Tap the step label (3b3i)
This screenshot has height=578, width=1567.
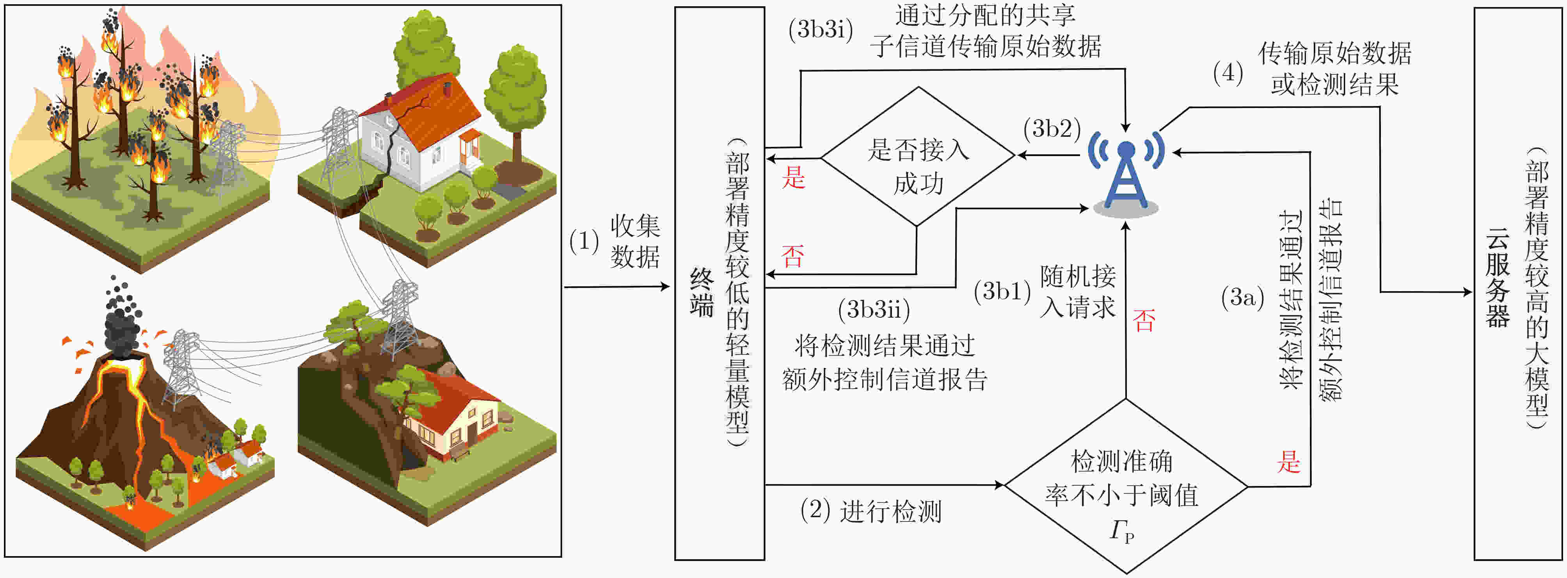821,29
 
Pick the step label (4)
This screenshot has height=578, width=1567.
1228,73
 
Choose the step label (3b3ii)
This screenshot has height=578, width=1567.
874,310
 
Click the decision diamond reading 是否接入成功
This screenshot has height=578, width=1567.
918,157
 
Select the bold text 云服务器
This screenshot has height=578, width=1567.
1498,278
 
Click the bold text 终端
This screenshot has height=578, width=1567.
702,293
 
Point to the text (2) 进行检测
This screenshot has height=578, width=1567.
871,511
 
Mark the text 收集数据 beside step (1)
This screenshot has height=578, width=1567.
635,241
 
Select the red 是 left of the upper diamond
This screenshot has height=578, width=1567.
793,177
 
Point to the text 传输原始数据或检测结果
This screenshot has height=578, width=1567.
1334,69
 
